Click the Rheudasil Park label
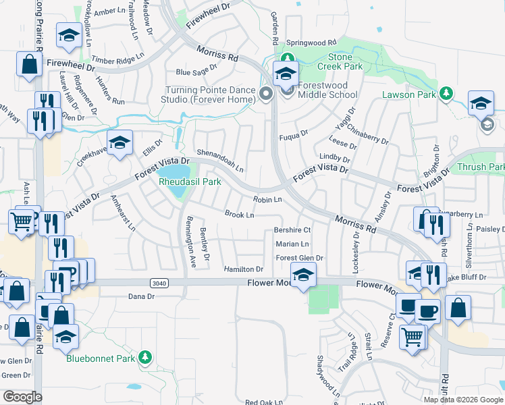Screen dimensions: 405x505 (190, 182)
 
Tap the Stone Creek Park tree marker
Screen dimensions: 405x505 (288, 59)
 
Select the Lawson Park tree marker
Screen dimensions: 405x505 (446, 94)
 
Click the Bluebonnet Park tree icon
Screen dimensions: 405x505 (144, 357)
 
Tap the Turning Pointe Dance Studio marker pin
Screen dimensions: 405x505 (266, 94)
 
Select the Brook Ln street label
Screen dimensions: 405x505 (239, 215)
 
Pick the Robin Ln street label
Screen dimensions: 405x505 (267, 200)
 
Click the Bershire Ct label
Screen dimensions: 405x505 (292, 230)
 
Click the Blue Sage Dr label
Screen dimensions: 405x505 (196, 68)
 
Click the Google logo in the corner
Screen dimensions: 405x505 (22, 396)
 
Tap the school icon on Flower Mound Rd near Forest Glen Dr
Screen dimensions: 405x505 (303, 275)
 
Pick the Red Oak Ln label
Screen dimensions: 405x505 (263, 402)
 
